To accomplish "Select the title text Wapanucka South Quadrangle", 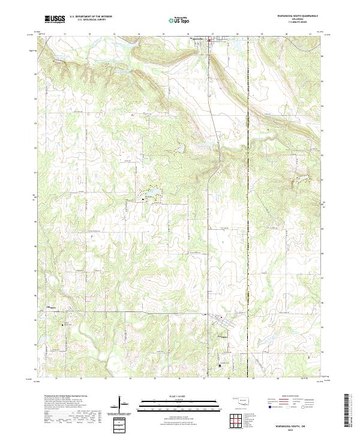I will (293, 16).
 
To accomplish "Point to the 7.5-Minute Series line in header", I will (293, 22).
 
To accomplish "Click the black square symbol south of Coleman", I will (220, 364).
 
